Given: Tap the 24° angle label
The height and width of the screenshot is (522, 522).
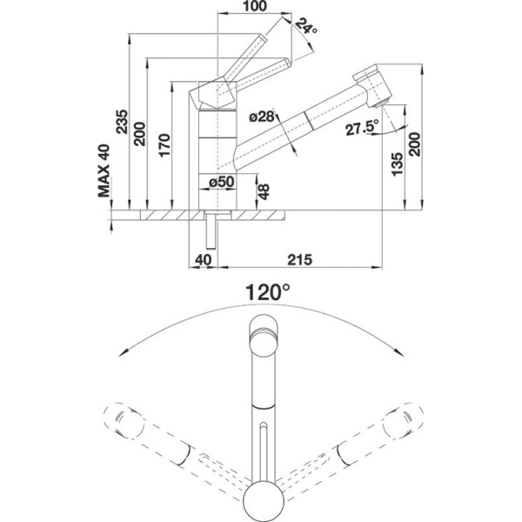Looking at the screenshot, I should pyautogui.click(x=304, y=28).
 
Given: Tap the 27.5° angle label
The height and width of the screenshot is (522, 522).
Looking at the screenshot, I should pyautogui.click(x=360, y=128).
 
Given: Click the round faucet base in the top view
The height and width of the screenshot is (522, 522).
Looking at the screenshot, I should pyautogui.click(x=262, y=501).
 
